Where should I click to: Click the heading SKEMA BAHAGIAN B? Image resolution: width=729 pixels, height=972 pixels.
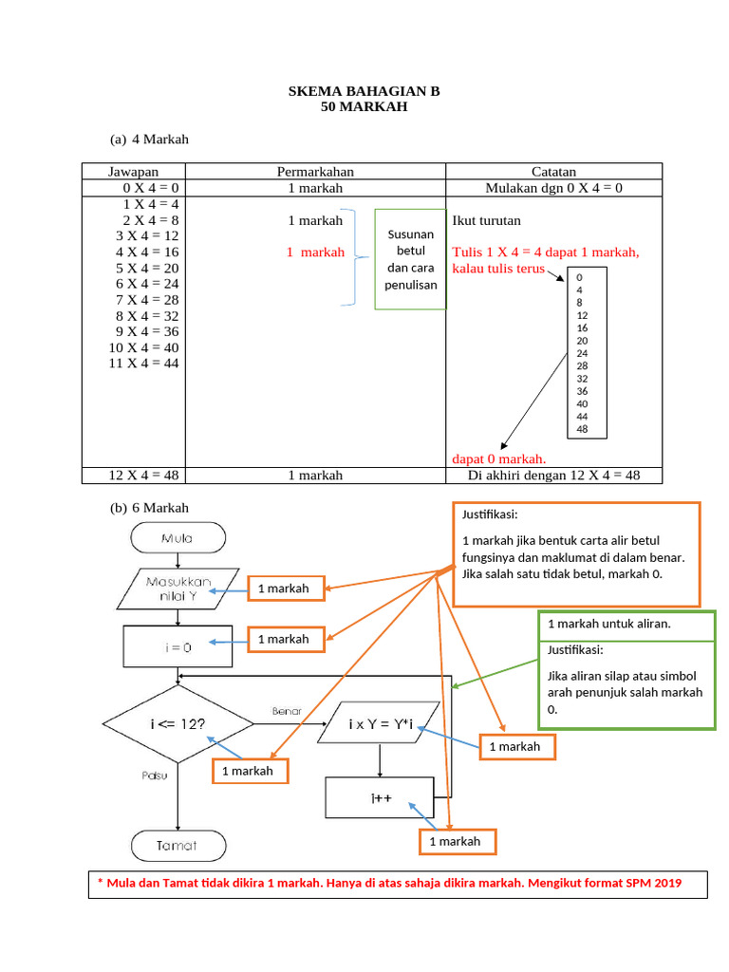[x=364, y=92]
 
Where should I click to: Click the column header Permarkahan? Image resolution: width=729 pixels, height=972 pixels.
[x=315, y=172]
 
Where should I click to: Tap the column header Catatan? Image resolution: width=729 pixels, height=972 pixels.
[x=553, y=172]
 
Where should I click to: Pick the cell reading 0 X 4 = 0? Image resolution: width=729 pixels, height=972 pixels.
[x=147, y=188]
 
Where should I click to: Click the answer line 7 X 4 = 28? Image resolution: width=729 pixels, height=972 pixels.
[x=147, y=300]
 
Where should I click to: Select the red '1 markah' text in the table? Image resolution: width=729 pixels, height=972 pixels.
[x=315, y=252]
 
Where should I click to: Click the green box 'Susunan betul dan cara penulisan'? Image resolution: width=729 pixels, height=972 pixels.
[x=410, y=259]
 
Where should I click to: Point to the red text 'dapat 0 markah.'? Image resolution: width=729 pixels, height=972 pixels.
[x=498, y=459]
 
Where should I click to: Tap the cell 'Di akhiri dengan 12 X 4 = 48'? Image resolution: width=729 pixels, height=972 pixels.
[x=553, y=476]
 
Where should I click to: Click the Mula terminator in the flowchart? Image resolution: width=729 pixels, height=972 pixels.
[x=178, y=539]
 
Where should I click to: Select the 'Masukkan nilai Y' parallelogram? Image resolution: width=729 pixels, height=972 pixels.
[x=178, y=589]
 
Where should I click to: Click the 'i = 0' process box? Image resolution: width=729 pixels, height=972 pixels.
[x=178, y=647]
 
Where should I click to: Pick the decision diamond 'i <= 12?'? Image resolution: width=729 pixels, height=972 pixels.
[x=178, y=724]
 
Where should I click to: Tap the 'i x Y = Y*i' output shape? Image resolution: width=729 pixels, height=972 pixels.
[x=380, y=724]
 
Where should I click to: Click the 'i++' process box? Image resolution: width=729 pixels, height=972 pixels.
[x=380, y=798]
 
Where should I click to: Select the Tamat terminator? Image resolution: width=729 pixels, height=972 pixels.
[x=178, y=845]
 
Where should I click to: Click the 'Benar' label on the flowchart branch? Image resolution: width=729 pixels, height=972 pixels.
[x=286, y=710]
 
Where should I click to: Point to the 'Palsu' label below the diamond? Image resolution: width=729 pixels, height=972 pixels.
[x=155, y=776]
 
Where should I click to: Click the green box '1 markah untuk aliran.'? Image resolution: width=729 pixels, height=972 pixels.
[x=626, y=625]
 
